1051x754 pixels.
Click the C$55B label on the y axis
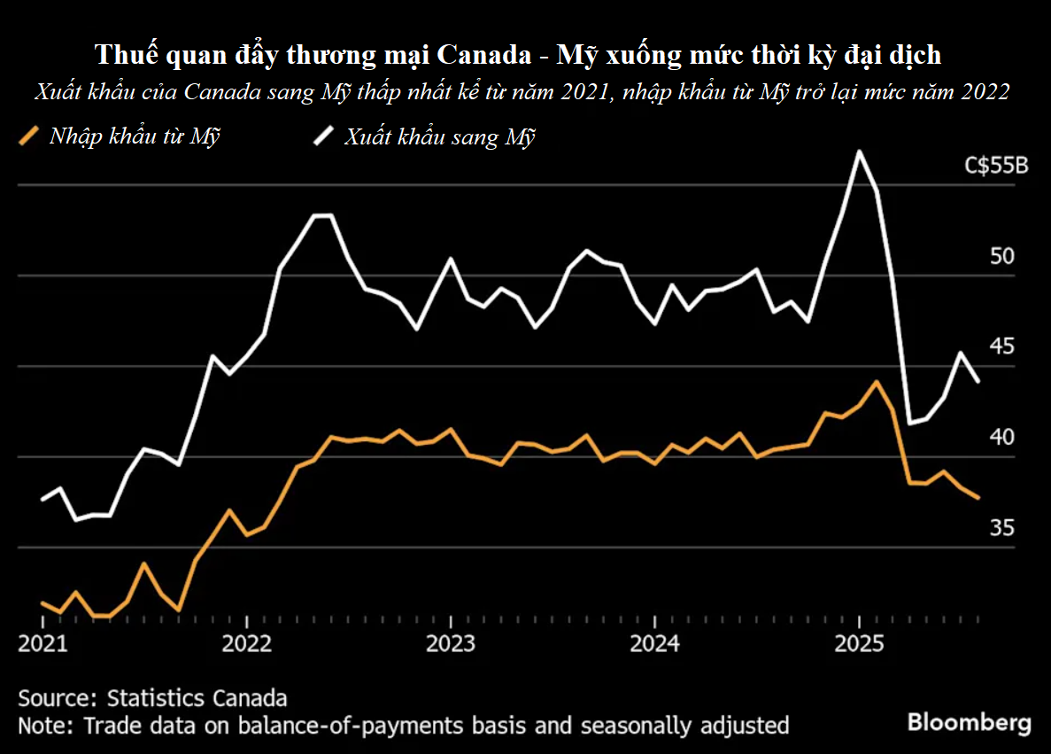pyautogui.click(x=996, y=167)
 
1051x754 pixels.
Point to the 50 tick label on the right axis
pyautogui.click(x=1001, y=257)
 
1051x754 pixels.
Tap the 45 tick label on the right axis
pyautogui.click(x=1001, y=346)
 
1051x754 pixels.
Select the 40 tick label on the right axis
pyautogui.click(x=1001, y=438)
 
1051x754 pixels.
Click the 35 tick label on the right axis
pyautogui.click(x=1001, y=528)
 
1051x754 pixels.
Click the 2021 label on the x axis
pyautogui.click(x=43, y=642)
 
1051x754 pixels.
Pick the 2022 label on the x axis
pyautogui.click(x=246, y=642)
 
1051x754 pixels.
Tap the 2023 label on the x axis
pyautogui.click(x=451, y=642)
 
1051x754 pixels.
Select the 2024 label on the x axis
pyautogui.click(x=655, y=642)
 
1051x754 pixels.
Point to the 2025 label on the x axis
pyautogui.click(x=860, y=642)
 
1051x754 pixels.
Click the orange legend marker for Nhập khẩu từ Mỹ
pyautogui.click(x=29, y=136)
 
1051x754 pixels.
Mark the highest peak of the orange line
pyautogui.click(x=876, y=382)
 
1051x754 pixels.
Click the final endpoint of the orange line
pyautogui.click(x=978, y=498)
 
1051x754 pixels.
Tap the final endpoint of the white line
pyautogui.click(x=978, y=381)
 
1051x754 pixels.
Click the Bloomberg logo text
pyautogui.click(x=969, y=722)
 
